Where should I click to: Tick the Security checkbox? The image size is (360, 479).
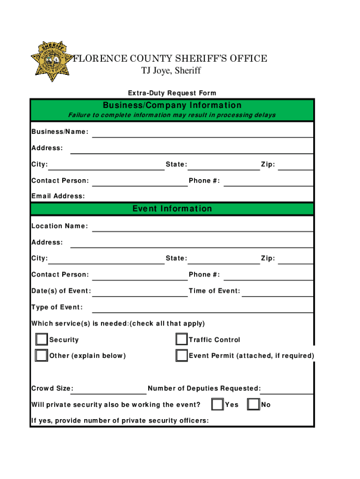click(x=42, y=339)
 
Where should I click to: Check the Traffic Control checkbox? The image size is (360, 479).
click(x=182, y=339)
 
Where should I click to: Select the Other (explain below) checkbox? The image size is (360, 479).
click(x=42, y=356)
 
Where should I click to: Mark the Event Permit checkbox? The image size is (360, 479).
click(x=182, y=356)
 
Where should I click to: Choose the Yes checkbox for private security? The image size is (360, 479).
click(x=217, y=404)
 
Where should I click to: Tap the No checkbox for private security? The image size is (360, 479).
click(x=253, y=404)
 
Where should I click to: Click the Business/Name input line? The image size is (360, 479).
click(x=202, y=133)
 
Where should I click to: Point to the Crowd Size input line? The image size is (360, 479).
click(x=110, y=389)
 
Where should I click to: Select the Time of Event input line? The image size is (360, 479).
click(x=277, y=292)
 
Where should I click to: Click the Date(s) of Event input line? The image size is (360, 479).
click(x=140, y=292)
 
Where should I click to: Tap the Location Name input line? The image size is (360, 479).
click(x=202, y=227)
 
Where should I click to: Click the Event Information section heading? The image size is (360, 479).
click(x=172, y=209)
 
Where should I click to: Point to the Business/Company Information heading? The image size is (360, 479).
click(x=172, y=105)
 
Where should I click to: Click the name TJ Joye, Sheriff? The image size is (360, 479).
click(x=171, y=71)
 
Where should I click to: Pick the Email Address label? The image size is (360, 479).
click(x=58, y=196)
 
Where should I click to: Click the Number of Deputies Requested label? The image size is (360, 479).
click(x=204, y=388)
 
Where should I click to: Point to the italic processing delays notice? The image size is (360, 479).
click(x=172, y=115)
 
